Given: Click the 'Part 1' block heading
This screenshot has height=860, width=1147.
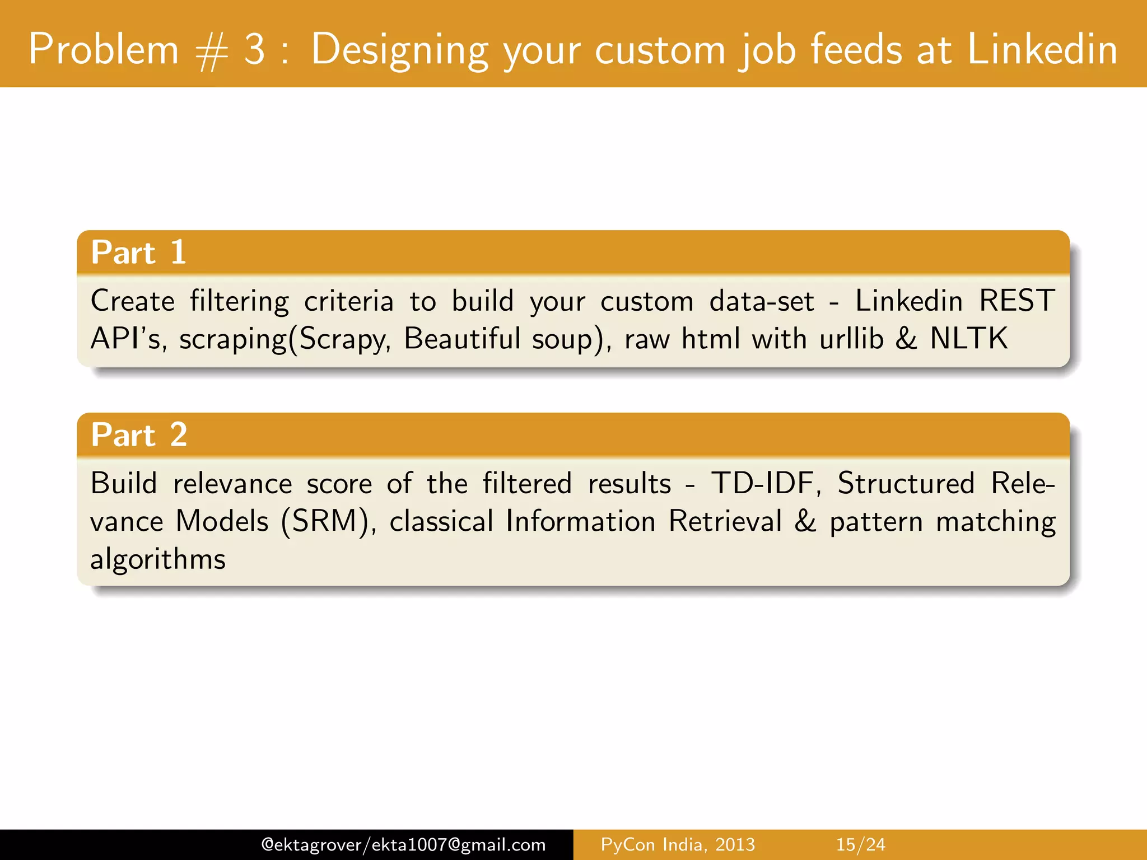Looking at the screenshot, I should point(138,253).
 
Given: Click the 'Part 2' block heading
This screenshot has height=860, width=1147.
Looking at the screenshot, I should point(139,435).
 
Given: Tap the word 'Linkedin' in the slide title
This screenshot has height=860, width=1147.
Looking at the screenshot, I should point(1042,49).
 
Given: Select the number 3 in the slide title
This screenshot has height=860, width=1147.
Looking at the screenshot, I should point(254,49).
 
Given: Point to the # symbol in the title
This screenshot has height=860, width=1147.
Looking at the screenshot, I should point(212,52).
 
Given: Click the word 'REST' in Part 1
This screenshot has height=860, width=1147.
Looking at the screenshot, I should point(1017,301).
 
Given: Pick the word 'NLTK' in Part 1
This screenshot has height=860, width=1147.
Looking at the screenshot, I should point(968,339).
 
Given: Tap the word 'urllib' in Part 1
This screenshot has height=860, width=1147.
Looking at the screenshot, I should point(851,339).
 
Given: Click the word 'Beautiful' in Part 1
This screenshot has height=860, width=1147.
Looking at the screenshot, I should point(462,339).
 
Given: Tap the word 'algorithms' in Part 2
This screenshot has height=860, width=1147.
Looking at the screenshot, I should point(158,559).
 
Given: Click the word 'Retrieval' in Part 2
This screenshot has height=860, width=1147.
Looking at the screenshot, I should point(725,522).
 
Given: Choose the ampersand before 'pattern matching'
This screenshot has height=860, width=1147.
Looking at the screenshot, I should point(805,522).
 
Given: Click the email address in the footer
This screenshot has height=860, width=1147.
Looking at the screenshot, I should point(403,844).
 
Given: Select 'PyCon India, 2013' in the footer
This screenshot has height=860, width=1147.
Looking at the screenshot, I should point(678,844).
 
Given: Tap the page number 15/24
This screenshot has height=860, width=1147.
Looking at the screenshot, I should point(860,844).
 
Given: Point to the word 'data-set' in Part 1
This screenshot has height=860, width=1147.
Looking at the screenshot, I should point(761,301).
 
